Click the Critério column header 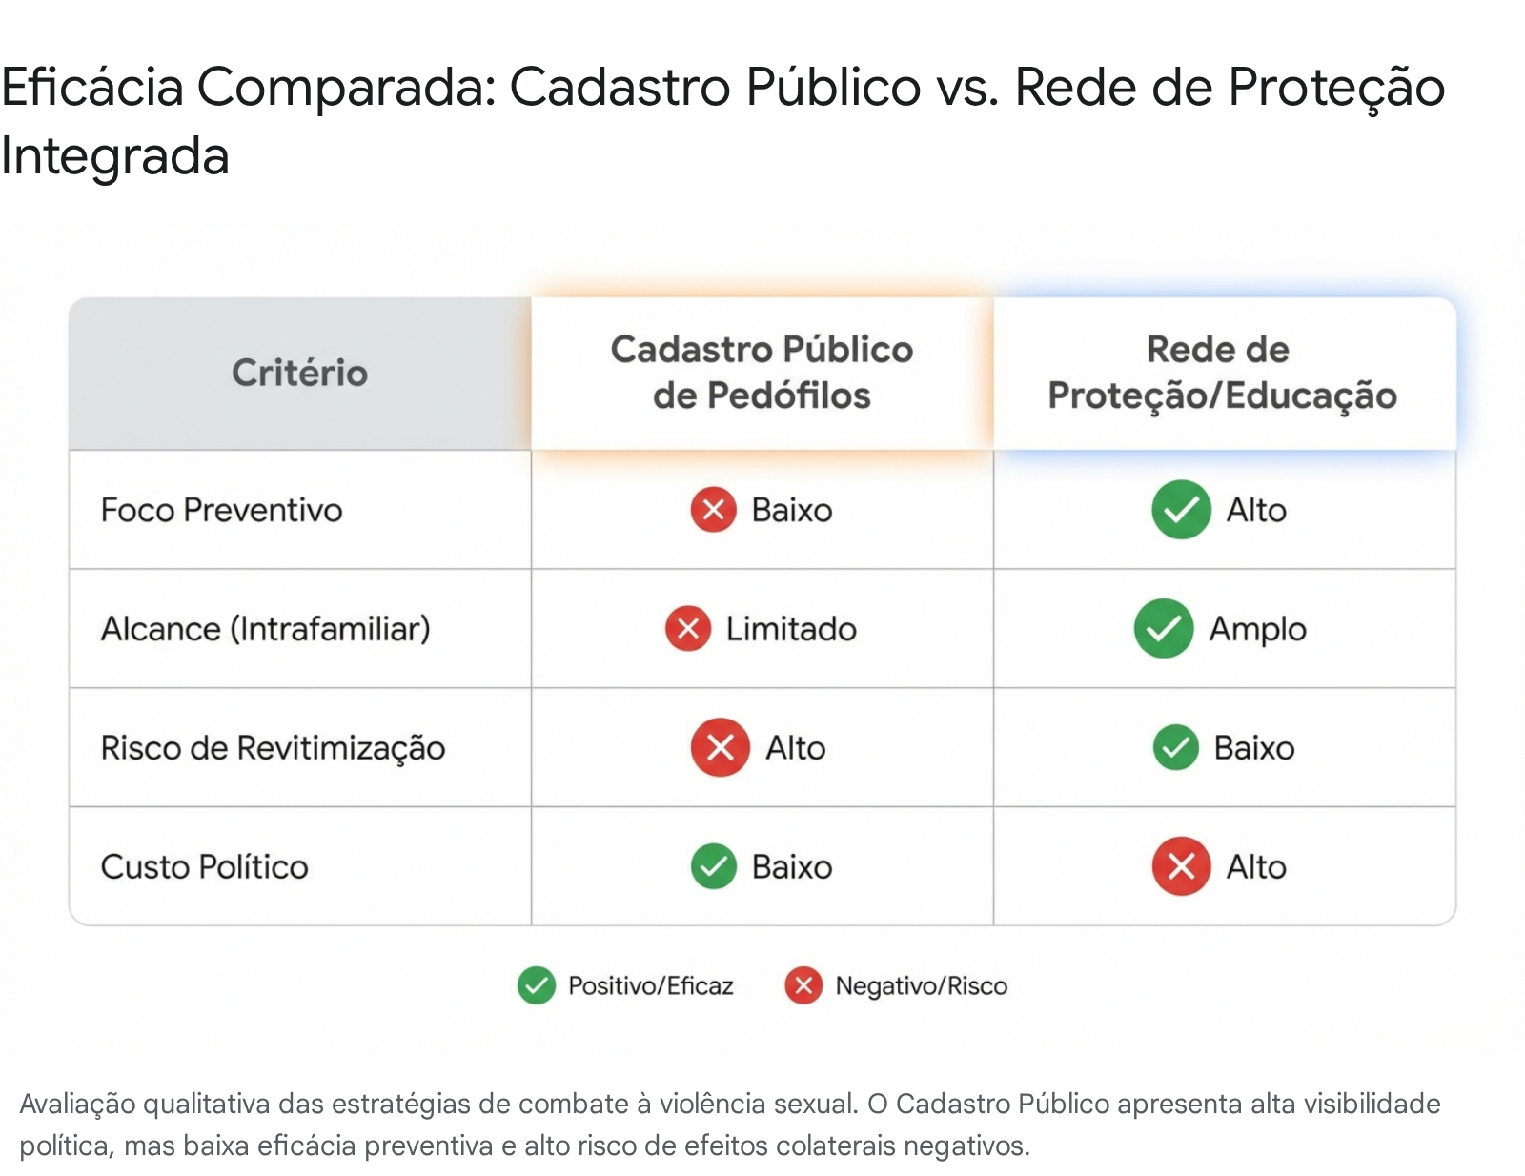point(299,372)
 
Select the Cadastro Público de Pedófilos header point(762,372)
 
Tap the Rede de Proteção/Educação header point(1222,372)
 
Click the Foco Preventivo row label point(221,510)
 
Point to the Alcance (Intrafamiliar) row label point(265,629)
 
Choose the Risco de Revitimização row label point(273,748)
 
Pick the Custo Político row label point(204,866)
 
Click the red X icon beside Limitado point(688,628)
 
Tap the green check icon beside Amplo point(1164,628)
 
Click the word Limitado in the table point(791,629)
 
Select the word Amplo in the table point(1257,630)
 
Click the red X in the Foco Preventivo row point(713,510)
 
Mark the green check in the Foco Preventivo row point(1181,510)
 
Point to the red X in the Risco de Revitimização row point(720,747)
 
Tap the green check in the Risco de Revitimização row point(1175,747)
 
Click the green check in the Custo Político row point(713,866)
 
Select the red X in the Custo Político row point(1181,866)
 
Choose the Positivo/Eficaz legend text point(651,985)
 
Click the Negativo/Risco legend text point(921,985)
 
